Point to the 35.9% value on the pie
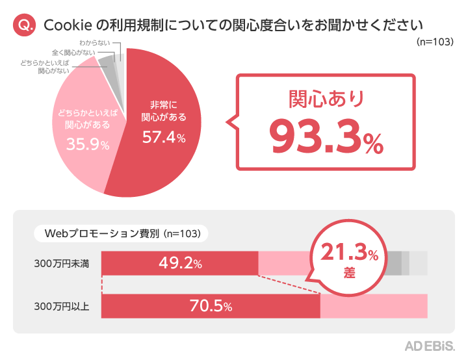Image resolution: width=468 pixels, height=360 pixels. coord(87,145)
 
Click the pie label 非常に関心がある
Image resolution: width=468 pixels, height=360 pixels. coord(164,111)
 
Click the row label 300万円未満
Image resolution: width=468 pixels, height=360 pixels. coord(62,264)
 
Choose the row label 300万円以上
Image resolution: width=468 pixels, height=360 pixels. coord(62,307)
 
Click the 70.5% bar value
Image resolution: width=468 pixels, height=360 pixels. coord(210,307)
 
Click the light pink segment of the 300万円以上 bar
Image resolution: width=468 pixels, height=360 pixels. coord(374,307)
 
